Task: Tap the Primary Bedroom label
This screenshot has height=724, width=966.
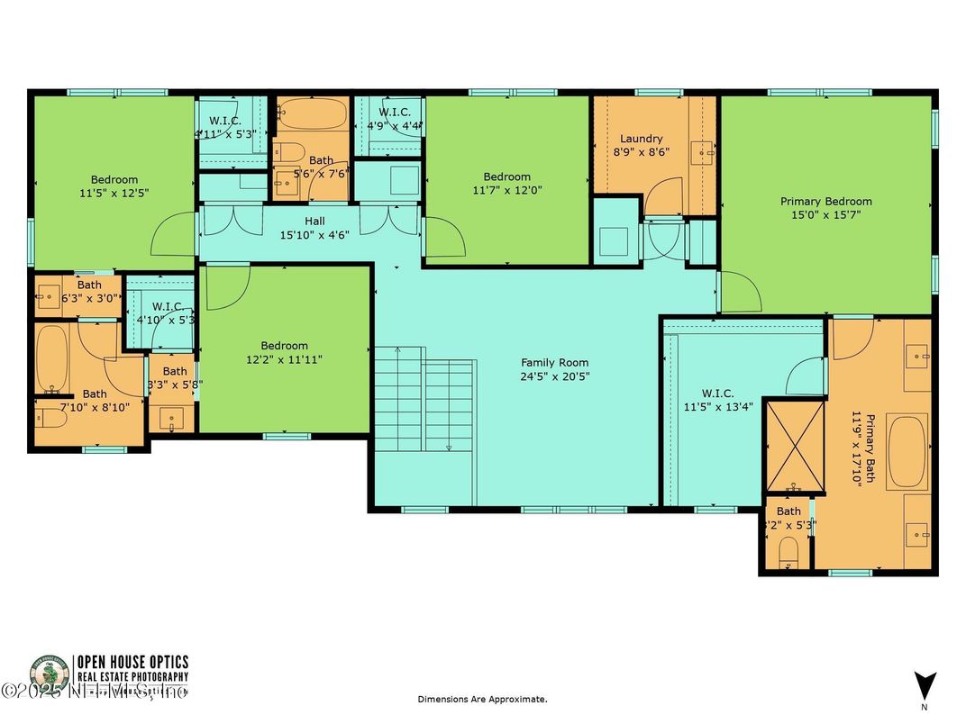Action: [x=825, y=202]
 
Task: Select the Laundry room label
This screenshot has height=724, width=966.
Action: [x=641, y=139]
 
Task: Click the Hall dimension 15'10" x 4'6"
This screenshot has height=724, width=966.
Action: [x=314, y=235]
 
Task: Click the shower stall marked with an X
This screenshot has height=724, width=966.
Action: [x=793, y=447]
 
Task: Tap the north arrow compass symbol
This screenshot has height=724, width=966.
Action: [x=925, y=685]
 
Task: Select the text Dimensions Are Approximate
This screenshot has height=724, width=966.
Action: [x=481, y=699]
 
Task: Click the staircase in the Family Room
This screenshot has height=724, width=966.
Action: [x=424, y=401]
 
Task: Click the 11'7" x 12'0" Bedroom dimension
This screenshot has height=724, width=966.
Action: [x=506, y=190]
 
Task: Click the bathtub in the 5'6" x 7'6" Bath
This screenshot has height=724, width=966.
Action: [x=312, y=114]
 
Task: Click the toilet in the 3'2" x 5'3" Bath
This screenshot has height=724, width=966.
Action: [x=789, y=551]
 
